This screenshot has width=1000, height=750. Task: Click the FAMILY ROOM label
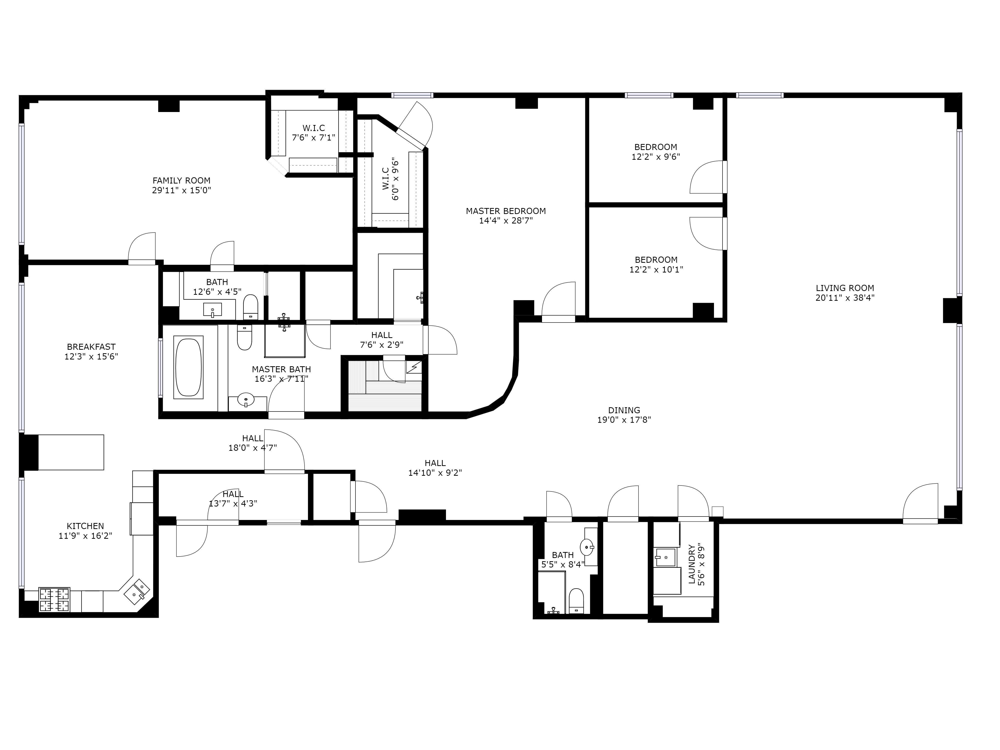[x=181, y=181]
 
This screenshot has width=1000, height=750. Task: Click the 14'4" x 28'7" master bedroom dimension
[x=506, y=220]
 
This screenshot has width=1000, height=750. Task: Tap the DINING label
[x=624, y=410]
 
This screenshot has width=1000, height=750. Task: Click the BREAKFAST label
[x=91, y=347]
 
